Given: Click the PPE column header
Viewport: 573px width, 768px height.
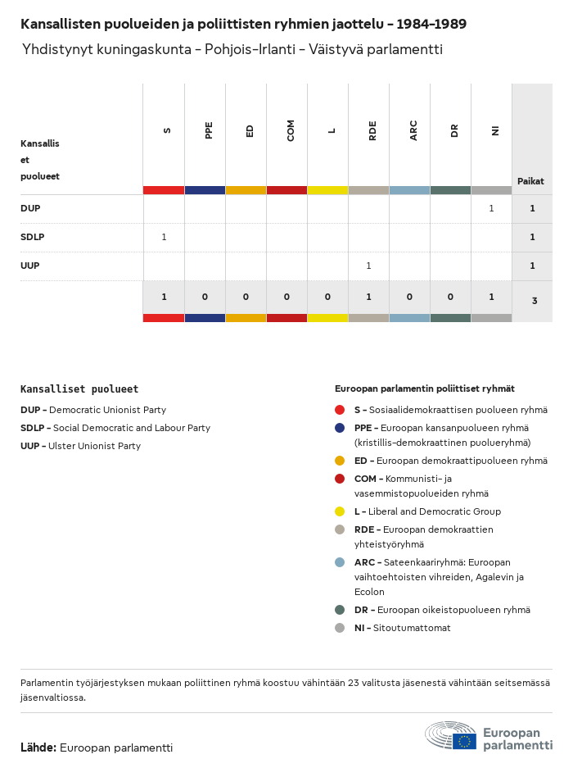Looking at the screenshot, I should click(x=209, y=130).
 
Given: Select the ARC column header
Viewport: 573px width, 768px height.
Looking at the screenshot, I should click(x=413, y=130).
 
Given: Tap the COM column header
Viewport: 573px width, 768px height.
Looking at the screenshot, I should click(x=291, y=130).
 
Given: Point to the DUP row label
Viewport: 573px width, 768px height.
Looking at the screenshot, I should click(x=30, y=208).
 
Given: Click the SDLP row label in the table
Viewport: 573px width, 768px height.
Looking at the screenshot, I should click(x=32, y=237).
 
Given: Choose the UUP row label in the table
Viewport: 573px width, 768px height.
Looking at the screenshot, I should click(x=30, y=266).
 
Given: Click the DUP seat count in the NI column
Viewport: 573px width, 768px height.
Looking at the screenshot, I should click(x=491, y=208).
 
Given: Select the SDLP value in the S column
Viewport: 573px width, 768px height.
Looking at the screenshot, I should click(x=164, y=237).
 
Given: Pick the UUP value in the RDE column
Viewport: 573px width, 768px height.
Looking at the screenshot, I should click(x=368, y=266).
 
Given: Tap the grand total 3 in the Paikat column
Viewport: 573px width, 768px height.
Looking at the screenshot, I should click(x=534, y=301).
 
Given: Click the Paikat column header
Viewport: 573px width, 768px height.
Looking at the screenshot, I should click(x=530, y=181).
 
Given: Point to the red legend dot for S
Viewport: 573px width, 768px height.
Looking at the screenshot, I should click(x=340, y=410).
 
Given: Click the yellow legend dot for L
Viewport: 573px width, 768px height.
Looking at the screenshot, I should click(x=340, y=511).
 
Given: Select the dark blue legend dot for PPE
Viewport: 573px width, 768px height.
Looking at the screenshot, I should click(x=340, y=428).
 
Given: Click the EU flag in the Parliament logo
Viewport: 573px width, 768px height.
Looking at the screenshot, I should click(x=464, y=741).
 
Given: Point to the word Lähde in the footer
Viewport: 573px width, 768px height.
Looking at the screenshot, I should click(x=38, y=748).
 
